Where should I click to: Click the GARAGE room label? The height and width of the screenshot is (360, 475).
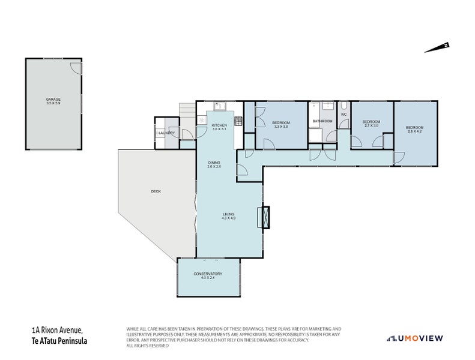click(x=53, y=101)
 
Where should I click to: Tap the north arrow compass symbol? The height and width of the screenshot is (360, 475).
click(x=437, y=47)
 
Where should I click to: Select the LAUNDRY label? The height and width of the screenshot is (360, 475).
click(x=166, y=133)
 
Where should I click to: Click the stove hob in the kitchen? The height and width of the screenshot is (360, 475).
click(x=238, y=121)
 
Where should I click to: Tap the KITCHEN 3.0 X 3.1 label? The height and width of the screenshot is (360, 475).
click(x=219, y=127)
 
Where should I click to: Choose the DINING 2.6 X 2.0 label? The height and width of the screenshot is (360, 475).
click(x=214, y=164)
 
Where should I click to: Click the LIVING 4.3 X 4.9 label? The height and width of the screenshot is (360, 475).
click(x=228, y=216)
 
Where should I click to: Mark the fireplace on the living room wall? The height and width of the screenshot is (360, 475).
click(x=264, y=217)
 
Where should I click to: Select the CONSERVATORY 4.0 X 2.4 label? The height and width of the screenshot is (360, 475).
click(x=208, y=276)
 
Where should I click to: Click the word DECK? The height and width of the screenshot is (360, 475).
click(x=156, y=191)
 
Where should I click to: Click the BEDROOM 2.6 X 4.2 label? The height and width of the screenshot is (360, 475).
click(x=414, y=130)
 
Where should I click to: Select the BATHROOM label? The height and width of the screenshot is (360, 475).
click(x=322, y=121)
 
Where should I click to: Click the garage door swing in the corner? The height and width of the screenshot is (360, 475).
click(x=73, y=67)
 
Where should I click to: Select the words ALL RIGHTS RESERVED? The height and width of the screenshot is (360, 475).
click(x=148, y=345)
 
